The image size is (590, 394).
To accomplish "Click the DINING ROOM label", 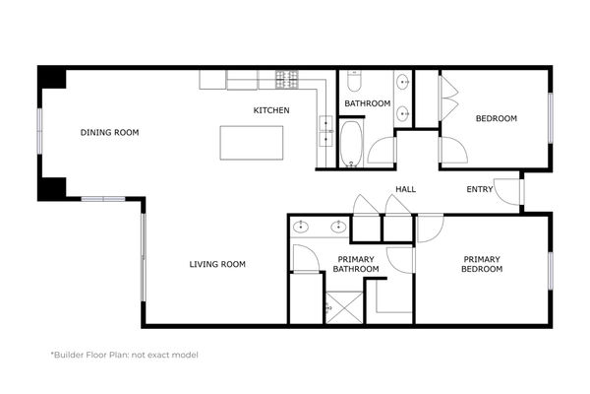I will pos(109,132).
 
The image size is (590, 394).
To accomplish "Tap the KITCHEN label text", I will pos(271,110).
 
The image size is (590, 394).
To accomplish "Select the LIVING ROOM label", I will pos(217,264).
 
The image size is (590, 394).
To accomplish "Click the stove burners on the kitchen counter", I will pos(287,77).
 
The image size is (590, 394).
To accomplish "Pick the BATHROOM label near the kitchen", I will pos(367,103).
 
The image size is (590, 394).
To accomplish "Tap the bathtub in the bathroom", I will pos(352,144).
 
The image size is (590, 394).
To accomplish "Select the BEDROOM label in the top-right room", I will pos(496,119).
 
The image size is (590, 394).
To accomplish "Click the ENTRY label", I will pos(480,189).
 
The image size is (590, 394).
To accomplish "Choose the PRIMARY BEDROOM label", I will pos(483,264).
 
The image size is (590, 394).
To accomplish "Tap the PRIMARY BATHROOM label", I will pos(355,264).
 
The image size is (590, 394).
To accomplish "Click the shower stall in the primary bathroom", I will pos(344,306).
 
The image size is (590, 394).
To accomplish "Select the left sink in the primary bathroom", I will pos(303,228).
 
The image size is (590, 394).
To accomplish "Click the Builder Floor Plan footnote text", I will pos(124,355).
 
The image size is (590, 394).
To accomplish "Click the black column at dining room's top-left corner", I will pos(51,78).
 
